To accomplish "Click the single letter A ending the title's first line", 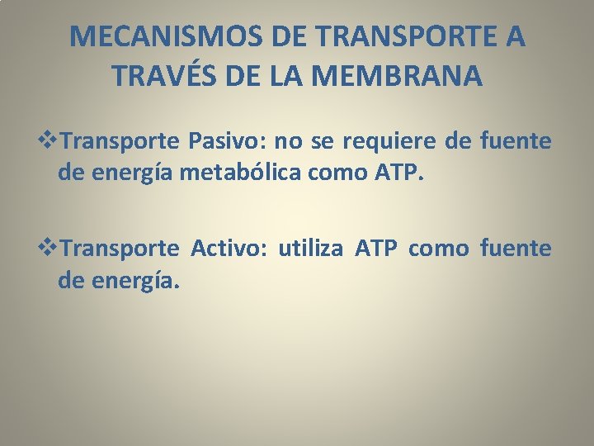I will click(512, 37).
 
